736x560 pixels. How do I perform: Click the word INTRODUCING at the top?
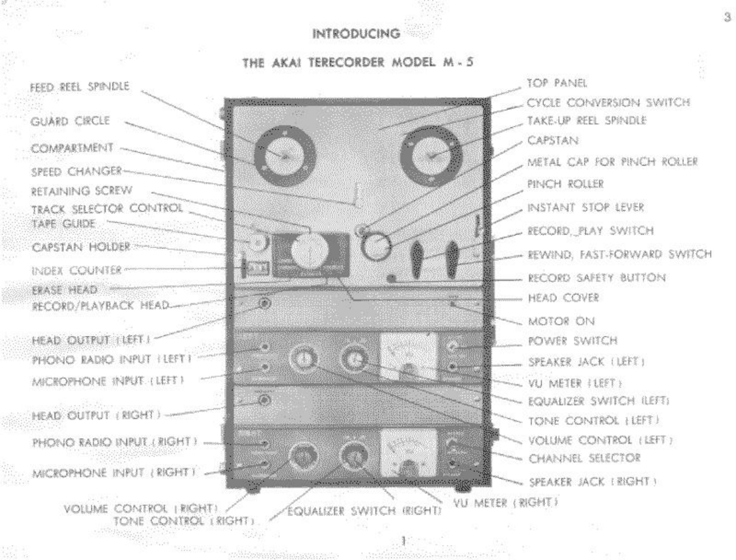[356, 33]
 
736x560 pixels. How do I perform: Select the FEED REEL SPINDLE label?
[80, 87]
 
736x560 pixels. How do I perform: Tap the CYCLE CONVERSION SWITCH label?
[608, 103]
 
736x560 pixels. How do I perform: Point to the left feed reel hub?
[284, 156]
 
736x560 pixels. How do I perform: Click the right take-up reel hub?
[431, 156]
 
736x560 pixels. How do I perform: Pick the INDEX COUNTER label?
[76, 271]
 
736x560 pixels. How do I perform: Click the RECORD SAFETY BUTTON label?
[597, 278]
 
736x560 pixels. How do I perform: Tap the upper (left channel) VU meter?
[408, 355]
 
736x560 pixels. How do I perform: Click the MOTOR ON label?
[561, 321]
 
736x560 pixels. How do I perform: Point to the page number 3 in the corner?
[727, 17]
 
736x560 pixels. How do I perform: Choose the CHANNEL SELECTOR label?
[584, 458]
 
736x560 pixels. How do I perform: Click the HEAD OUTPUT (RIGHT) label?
[96, 415]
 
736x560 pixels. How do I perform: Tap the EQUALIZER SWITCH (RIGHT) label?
[364, 511]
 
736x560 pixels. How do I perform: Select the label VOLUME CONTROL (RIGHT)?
[141, 509]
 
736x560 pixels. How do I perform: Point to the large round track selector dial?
[309, 250]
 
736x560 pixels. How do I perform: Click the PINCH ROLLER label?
[565, 184]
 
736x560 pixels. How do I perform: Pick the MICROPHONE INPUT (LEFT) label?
[108, 381]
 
